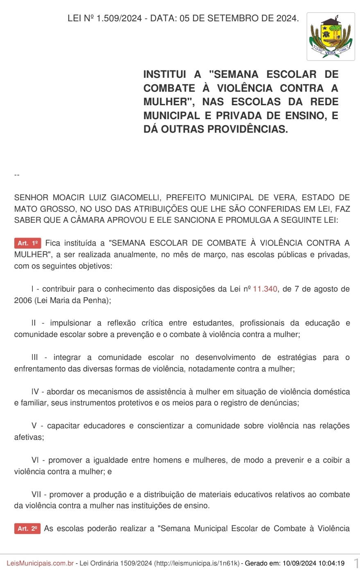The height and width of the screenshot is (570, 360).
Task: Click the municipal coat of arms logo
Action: pos(331,36)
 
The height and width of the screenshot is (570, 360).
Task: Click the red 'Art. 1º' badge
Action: pos(28,243)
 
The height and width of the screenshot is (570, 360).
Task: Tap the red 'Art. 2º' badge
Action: pos(27,529)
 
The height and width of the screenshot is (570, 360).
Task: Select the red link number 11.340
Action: pos(265,289)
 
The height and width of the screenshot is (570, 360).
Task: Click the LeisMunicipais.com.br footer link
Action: pos(40,563)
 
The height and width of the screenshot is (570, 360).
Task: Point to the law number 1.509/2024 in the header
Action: pos(119,18)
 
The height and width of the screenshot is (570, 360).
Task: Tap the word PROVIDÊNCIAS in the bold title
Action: pos(247,129)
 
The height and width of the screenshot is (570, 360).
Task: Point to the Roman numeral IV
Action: pos(35,392)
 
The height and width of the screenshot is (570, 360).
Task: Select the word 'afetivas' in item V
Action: pos(28,437)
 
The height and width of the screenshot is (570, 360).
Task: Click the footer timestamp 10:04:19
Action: pos(331,563)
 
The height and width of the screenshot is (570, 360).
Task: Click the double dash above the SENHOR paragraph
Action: pos(17,175)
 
